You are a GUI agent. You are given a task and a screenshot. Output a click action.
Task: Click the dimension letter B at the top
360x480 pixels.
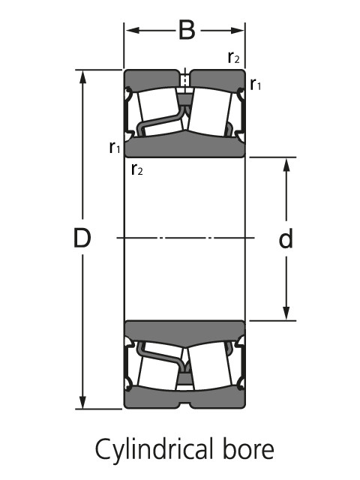click(187, 30)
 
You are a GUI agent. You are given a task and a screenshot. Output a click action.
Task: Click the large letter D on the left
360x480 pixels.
click(82, 238)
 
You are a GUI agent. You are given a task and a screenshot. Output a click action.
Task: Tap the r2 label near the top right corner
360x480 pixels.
click(233, 57)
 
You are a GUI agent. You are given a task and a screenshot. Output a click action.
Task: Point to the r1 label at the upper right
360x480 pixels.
click(256, 84)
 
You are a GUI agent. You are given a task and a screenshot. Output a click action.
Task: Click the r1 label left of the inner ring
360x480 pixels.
click(115, 147)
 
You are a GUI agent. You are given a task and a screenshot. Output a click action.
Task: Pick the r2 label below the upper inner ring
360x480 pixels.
click(136, 169)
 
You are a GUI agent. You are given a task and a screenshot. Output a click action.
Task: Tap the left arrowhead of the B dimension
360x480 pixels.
click(133, 30)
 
